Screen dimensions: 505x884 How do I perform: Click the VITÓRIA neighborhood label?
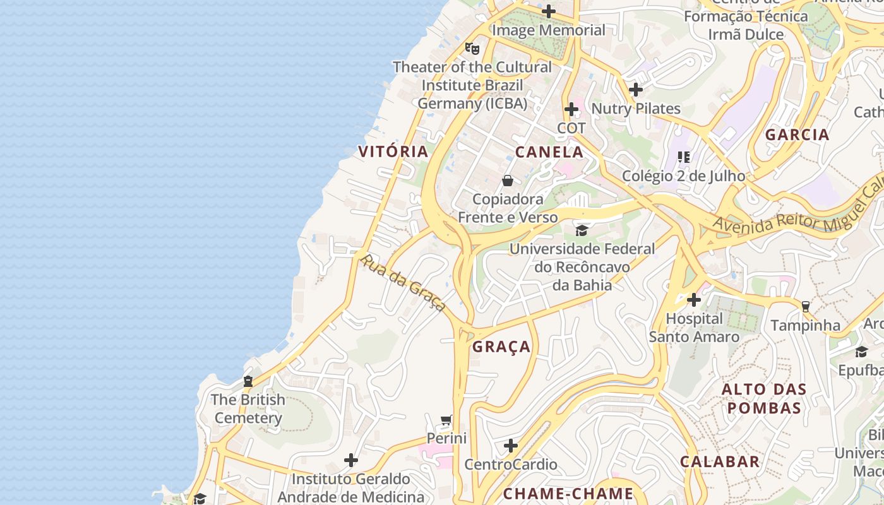(x=393, y=151)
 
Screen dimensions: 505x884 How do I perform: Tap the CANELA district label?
(x=549, y=152)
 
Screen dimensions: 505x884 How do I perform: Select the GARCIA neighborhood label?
(x=797, y=134)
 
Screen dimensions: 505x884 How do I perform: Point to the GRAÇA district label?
(x=501, y=347)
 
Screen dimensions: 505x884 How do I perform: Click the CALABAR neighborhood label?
(x=720, y=461)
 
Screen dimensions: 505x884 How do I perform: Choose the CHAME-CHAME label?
(x=568, y=494)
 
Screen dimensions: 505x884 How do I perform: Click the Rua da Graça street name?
(x=403, y=282)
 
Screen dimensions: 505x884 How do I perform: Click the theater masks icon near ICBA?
(x=472, y=48)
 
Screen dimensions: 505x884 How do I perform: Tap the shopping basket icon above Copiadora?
(x=508, y=181)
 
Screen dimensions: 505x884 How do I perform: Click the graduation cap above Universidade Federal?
(x=582, y=231)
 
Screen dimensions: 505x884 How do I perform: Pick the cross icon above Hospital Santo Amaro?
(x=694, y=300)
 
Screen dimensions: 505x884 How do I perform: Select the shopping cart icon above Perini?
(x=446, y=420)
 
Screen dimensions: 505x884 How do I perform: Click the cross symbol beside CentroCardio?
(x=511, y=446)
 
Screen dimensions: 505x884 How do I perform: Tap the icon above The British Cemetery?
(x=248, y=381)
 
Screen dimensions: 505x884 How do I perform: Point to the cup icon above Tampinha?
(x=805, y=307)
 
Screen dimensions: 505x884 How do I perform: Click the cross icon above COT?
(x=571, y=109)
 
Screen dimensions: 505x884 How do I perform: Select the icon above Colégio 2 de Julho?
(x=683, y=157)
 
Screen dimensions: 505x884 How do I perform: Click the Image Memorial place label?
(x=548, y=30)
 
